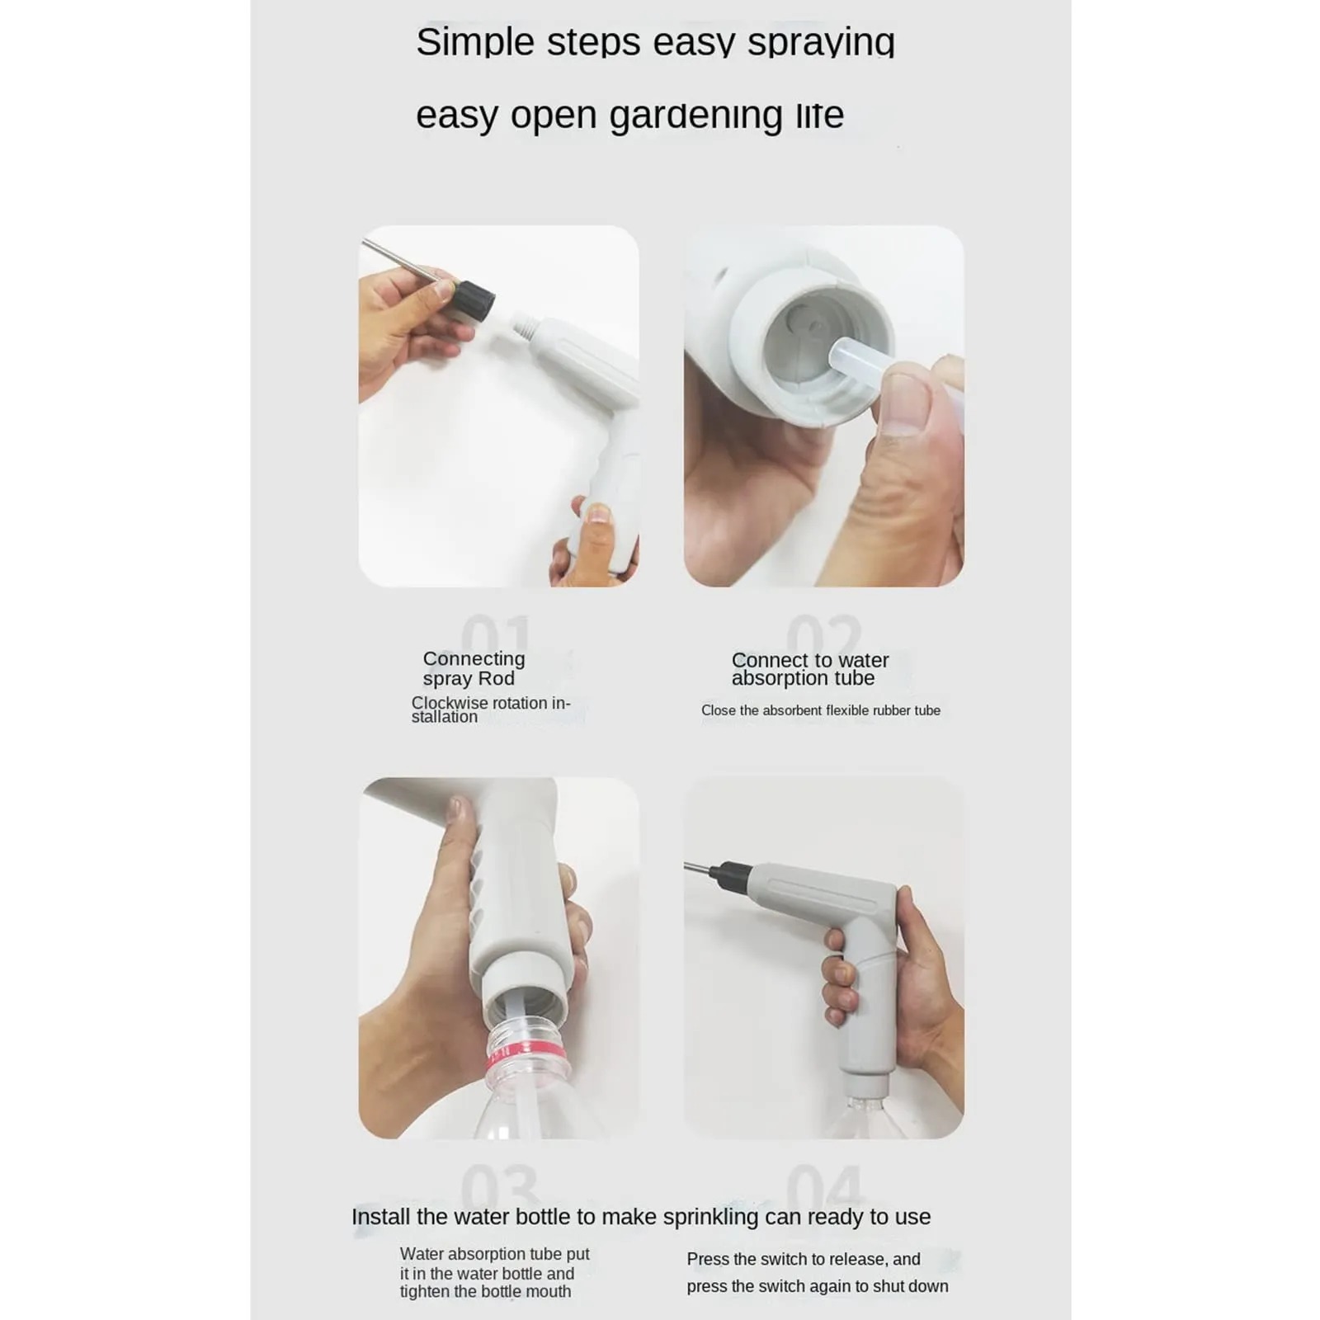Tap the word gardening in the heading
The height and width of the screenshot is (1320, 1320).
pyautogui.click(x=695, y=115)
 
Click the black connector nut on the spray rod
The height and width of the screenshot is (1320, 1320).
pyautogui.click(x=473, y=299)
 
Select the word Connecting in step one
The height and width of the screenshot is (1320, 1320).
pyautogui.click(x=474, y=658)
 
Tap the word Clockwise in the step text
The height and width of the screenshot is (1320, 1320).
pyautogui.click(x=450, y=703)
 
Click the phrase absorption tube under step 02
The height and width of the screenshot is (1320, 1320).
pyautogui.click(x=803, y=678)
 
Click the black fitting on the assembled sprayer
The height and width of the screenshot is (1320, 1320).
pyautogui.click(x=729, y=874)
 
